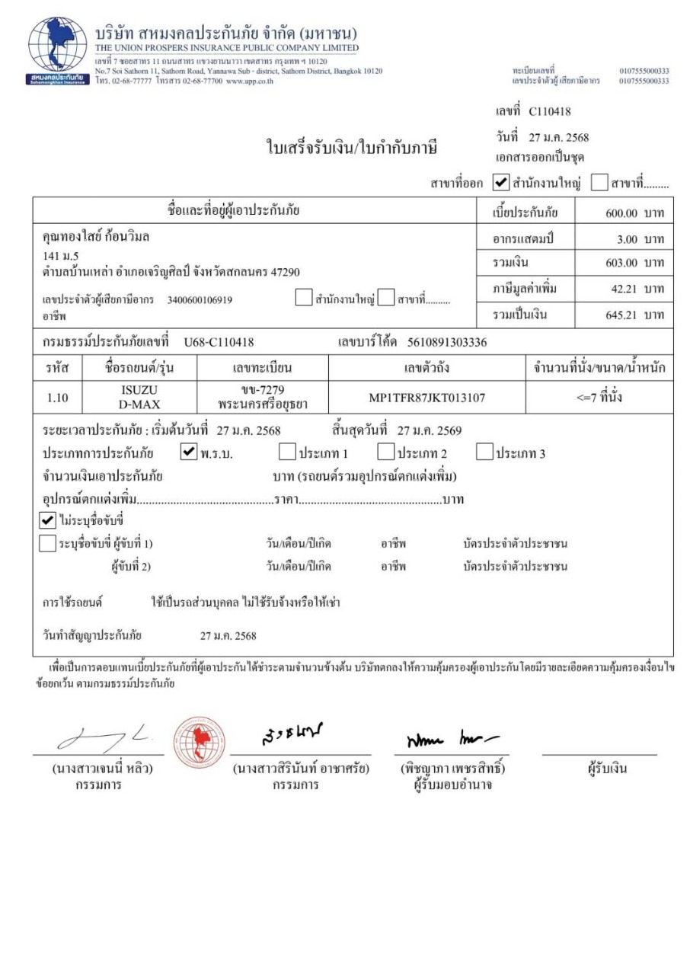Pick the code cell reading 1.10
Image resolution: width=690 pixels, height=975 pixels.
(56, 397)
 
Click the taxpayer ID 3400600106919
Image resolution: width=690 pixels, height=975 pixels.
(200, 299)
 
